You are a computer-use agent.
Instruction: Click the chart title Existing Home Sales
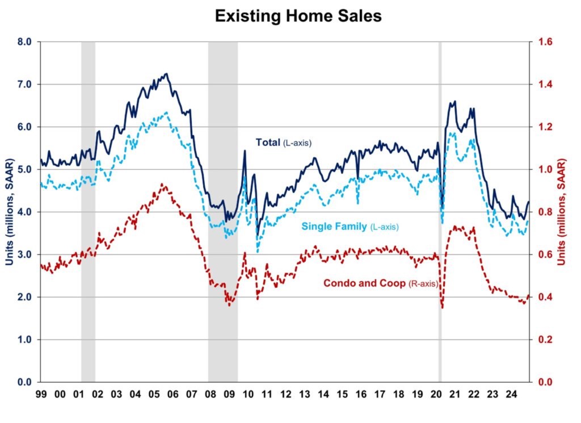coord(298,16)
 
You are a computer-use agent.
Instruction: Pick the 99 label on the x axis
coord(41,393)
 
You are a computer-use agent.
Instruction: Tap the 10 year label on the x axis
coord(247,393)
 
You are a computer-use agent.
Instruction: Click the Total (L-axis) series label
coord(284,143)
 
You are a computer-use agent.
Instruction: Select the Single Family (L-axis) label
coord(350,227)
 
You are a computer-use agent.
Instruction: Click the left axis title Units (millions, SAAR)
coord(10,211)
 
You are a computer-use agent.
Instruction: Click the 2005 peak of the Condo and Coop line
coord(162,184)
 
